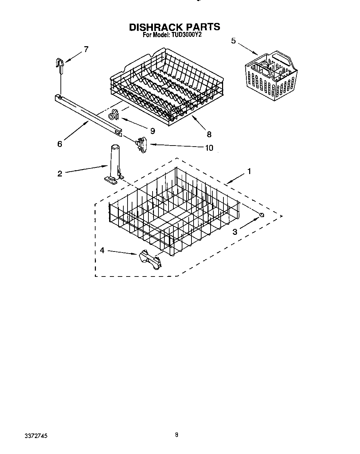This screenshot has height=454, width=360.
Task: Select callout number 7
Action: coord(86,49)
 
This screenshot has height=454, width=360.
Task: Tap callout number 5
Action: coord(234,41)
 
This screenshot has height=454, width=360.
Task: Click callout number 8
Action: coord(209,134)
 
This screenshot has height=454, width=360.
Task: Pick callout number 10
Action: coord(209,148)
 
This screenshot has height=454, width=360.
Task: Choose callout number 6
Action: coord(60,144)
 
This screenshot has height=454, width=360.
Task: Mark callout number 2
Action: coord(60,174)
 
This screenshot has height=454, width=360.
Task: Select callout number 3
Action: coord(235,232)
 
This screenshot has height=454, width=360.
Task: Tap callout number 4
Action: coord(102,250)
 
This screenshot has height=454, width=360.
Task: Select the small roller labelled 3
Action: coord(262,215)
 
